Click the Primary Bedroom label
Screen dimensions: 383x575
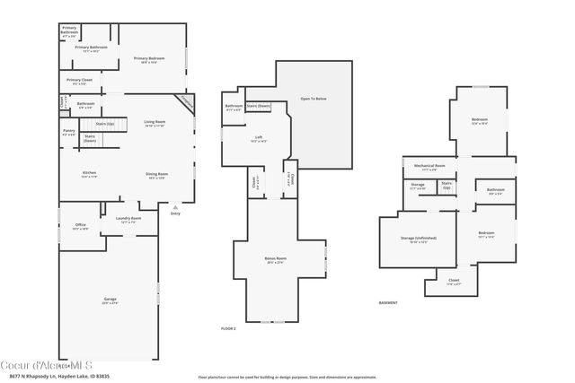tap(152, 59)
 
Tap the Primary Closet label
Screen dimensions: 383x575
tap(79, 81)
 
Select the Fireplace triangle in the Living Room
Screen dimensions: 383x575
tap(186, 100)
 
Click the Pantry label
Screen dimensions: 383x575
tap(69, 132)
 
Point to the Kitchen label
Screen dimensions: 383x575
tap(90, 174)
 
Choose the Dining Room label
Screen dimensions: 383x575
tap(157, 175)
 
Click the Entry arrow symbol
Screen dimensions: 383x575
tap(175, 206)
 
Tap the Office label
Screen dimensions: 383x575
tap(80, 226)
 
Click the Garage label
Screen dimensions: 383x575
tap(110, 300)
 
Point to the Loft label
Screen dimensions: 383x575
tap(258, 139)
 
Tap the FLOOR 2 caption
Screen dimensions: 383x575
tap(229, 329)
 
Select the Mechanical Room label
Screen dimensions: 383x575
tap(430, 167)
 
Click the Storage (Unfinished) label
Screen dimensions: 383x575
tap(419, 239)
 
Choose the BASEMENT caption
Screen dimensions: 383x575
tap(389, 302)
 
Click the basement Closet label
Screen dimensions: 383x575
tap(454, 281)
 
